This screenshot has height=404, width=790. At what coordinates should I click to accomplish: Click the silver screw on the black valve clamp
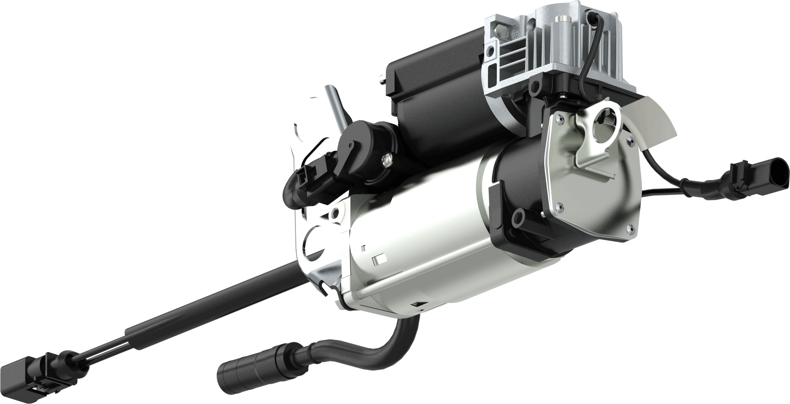pyautogui.click(x=386, y=158)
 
